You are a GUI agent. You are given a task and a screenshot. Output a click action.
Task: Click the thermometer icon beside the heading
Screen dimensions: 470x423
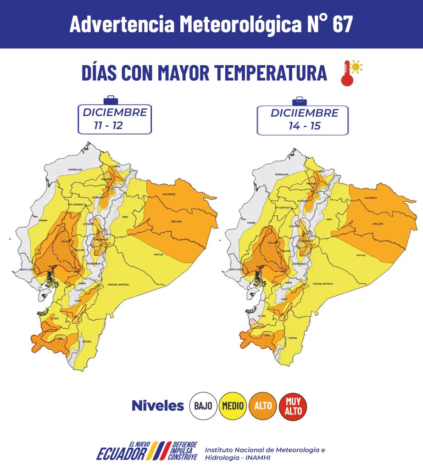348,73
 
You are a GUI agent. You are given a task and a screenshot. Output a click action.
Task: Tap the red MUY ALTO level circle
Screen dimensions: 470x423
293,406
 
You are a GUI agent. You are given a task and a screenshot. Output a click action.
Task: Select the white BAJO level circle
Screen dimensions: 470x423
203,406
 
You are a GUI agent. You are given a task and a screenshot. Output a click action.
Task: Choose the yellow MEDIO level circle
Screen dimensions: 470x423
233,406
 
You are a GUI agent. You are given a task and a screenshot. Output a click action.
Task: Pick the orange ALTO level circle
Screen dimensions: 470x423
263,406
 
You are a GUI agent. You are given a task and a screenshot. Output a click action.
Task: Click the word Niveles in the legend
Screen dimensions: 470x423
157,406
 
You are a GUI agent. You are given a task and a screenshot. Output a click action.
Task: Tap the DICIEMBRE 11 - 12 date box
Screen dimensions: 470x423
115,119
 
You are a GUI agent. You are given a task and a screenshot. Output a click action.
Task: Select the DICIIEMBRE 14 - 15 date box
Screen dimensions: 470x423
303,120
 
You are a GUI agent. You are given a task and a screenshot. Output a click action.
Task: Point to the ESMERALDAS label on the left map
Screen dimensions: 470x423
75,169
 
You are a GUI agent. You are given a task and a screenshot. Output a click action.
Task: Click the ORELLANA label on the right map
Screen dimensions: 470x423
378,224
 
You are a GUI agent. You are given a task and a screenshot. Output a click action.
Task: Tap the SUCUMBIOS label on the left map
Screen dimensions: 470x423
169,194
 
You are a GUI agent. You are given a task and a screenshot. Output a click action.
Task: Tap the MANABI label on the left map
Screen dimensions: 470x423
44,220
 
